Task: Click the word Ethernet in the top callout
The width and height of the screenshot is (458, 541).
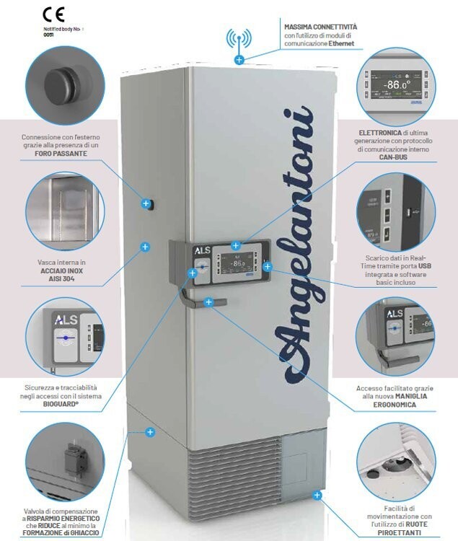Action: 342,44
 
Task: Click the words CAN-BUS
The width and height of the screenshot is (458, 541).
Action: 393,157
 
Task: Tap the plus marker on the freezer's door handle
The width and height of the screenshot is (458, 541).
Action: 208,302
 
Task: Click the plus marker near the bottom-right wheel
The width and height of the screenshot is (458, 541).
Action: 316,495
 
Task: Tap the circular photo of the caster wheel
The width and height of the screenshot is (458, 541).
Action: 395,462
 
